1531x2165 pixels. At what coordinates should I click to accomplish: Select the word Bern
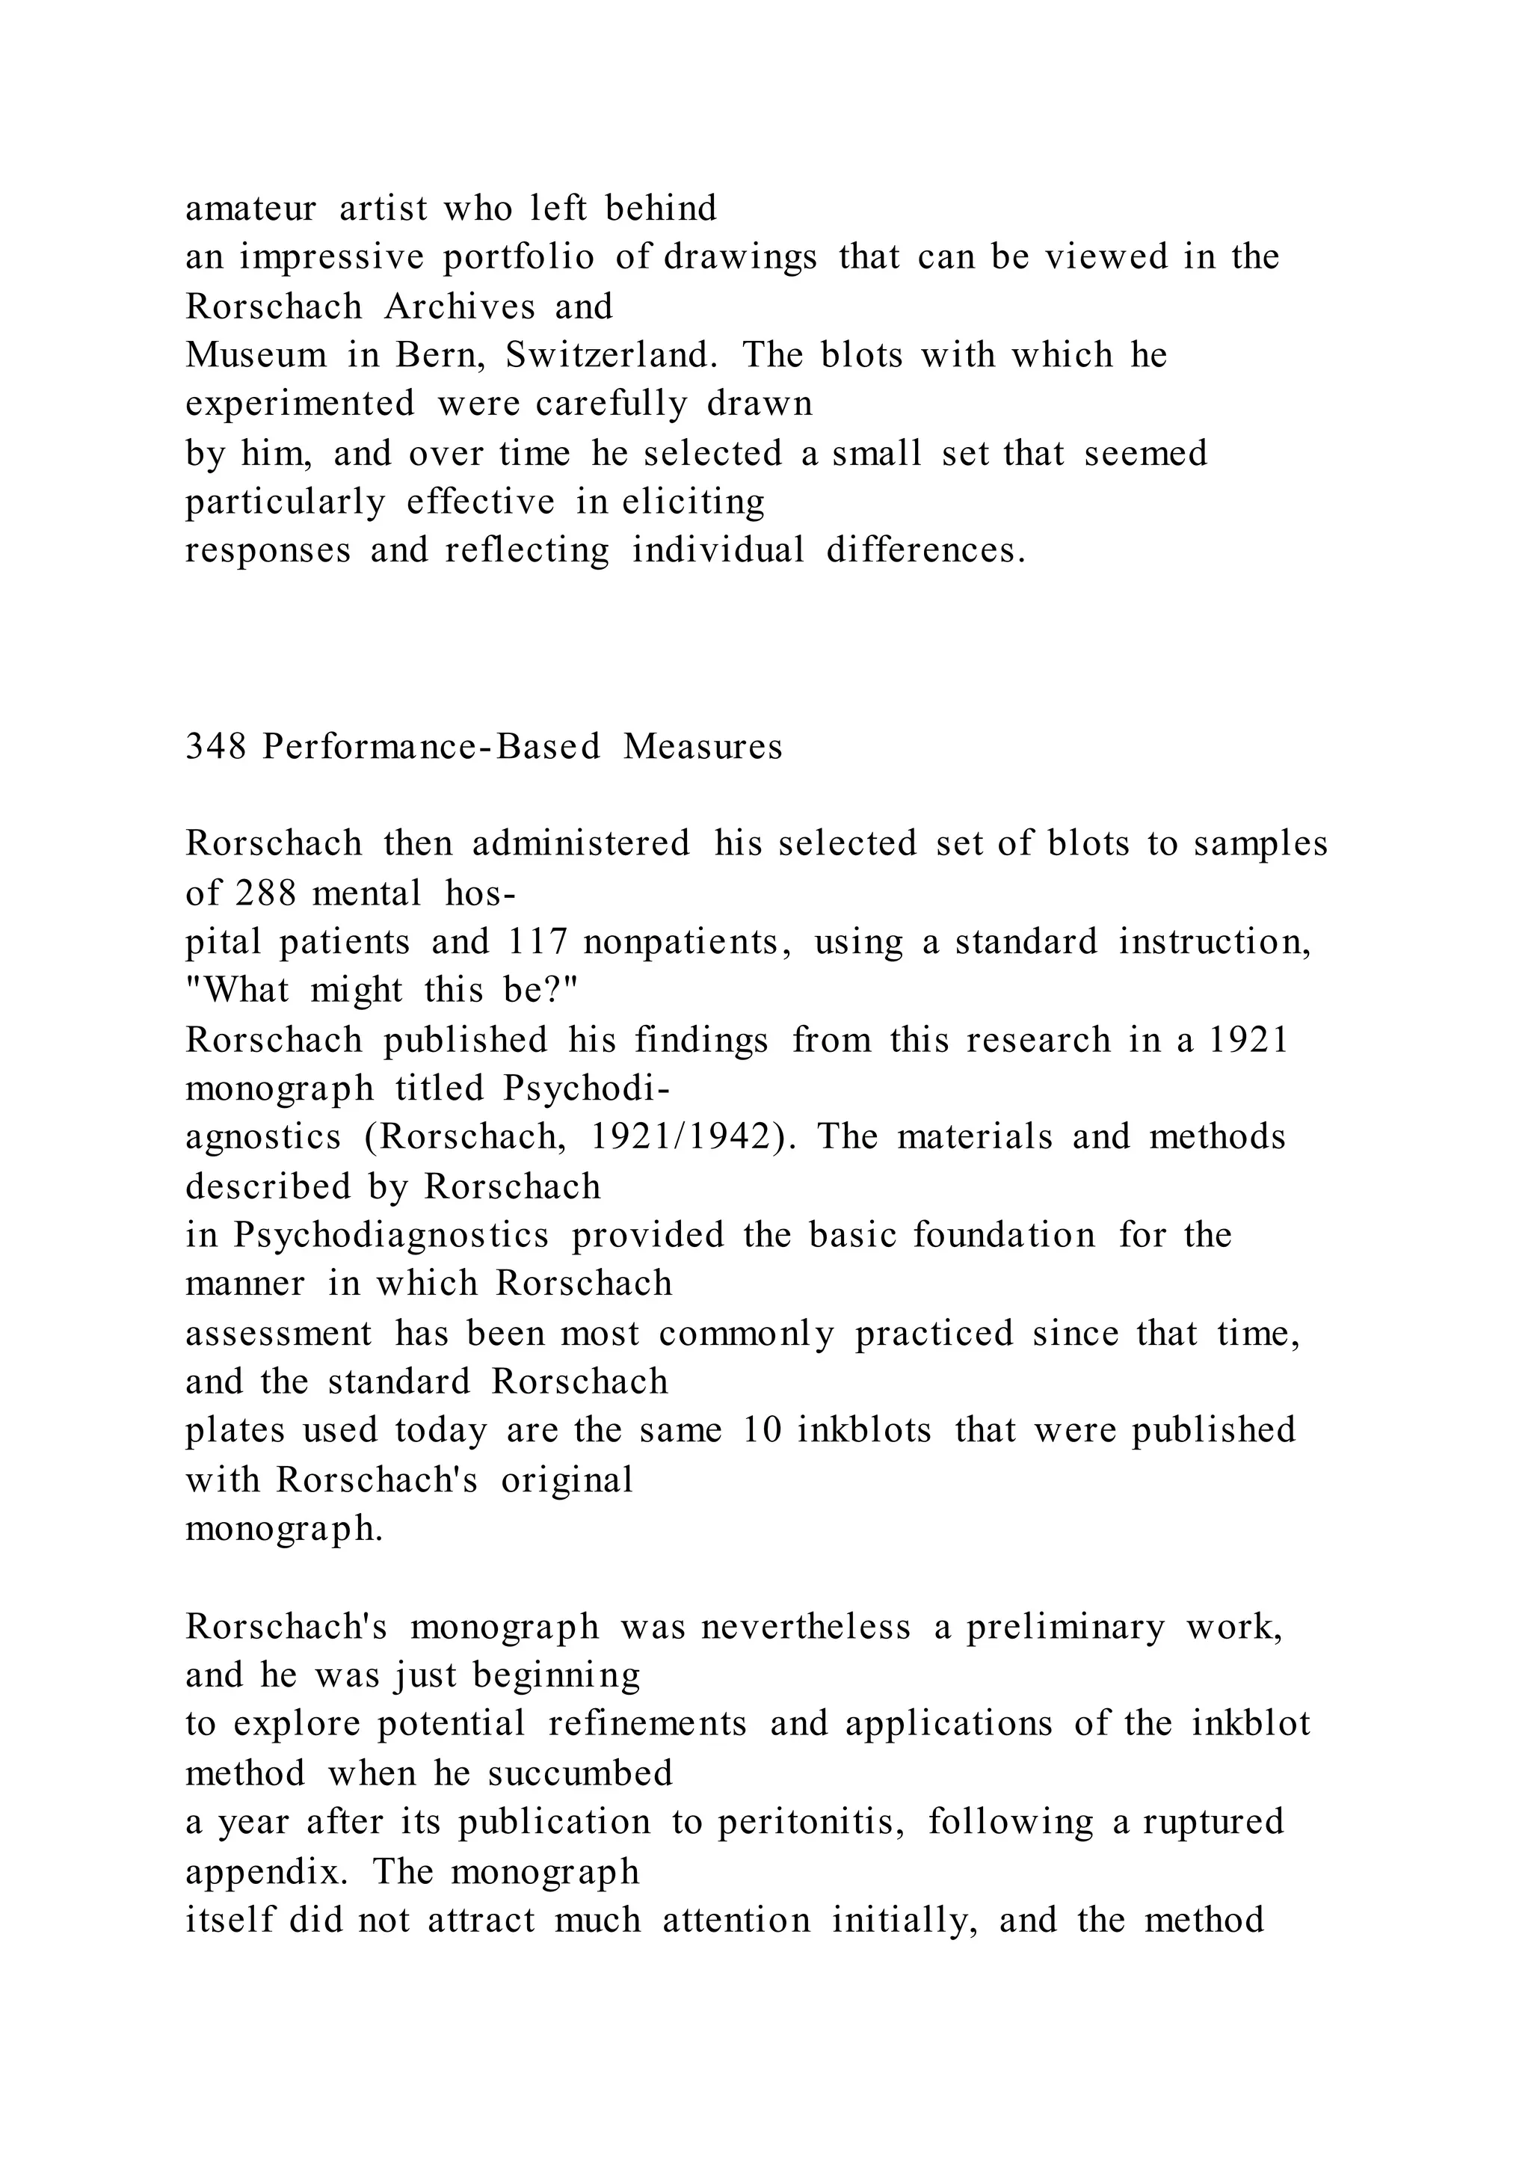(x=440, y=356)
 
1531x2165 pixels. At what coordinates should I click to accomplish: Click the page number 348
(x=216, y=747)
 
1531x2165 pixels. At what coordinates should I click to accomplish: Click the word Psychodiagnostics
(x=391, y=1235)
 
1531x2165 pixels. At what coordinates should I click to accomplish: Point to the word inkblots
(x=863, y=1430)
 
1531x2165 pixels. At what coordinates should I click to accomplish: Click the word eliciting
(x=693, y=502)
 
